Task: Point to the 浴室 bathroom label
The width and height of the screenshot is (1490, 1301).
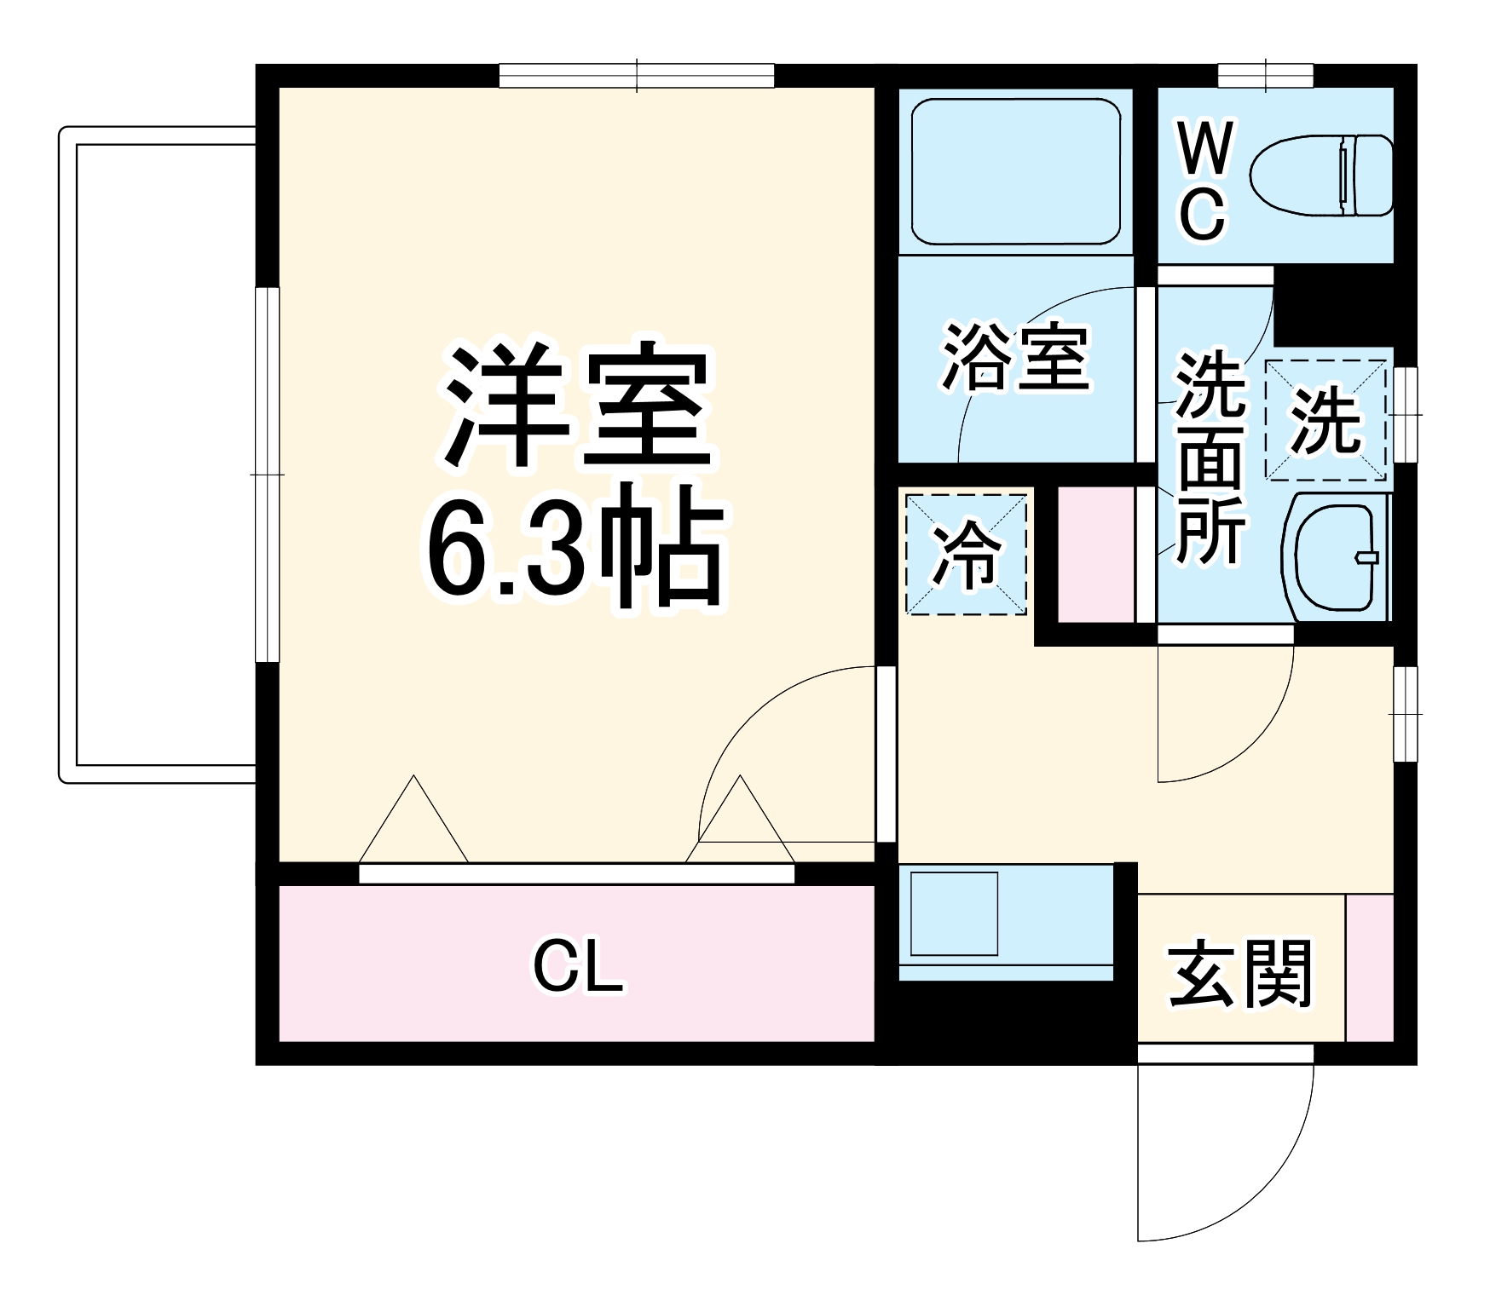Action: pos(1015,358)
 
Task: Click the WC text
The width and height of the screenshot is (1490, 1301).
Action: pos(1204,181)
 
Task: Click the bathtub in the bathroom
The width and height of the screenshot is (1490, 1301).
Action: pos(1015,170)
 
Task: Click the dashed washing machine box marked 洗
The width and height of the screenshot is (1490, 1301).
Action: pos(1325,420)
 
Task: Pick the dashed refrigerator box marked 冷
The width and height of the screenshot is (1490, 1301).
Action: pos(966,554)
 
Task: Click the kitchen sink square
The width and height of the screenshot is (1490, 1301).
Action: pos(954,912)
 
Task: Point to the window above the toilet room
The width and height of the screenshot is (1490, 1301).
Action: pos(1266,76)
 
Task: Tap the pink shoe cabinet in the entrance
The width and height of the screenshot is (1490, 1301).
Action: pos(1369,967)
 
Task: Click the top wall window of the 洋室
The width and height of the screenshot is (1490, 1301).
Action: pos(637,76)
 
